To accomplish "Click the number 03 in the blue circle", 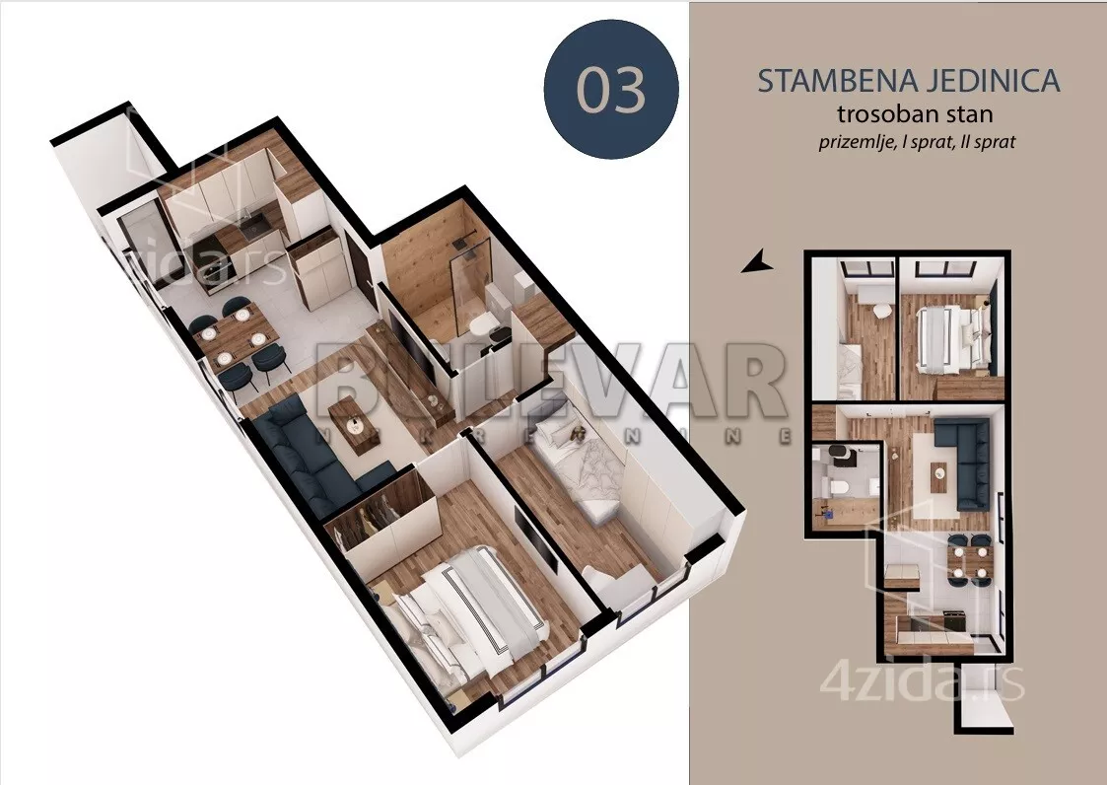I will pyautogui.click(x=611, y=90).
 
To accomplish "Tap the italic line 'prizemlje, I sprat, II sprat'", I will pyautogui.click(x=917, y=141).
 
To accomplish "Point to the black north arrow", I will pyautogui.click(x=756, y=261).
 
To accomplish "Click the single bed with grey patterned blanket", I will pyautogui.click(x=582, y=473).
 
